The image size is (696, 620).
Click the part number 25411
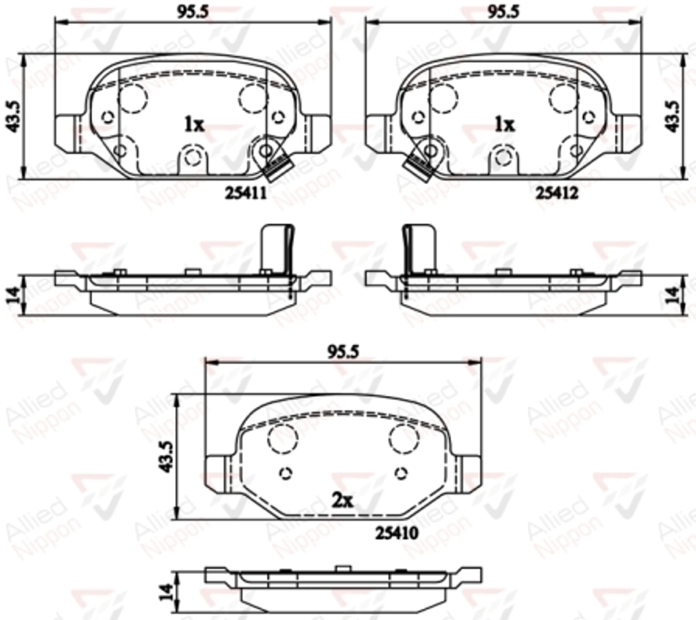tap(246, 193)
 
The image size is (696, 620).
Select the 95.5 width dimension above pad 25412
tap(504, 12)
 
